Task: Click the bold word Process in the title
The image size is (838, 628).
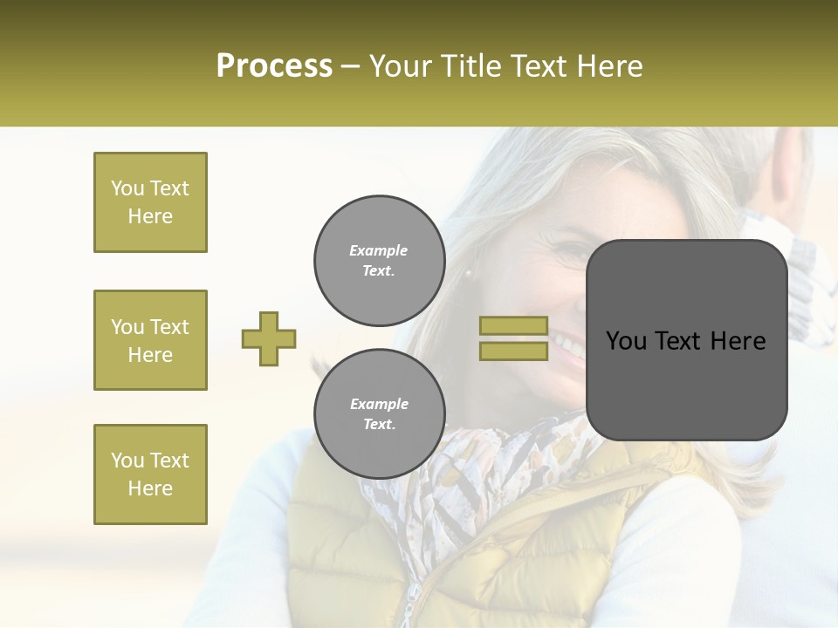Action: pyautogui.click(x=274, y=66)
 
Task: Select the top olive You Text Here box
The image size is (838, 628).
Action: pyautogui.click(x=150, y=202)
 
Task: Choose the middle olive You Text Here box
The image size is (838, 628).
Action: pyautogui.click(x=150, y=340)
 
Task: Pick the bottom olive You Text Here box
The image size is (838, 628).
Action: pyautogui.click(x=150, y=474)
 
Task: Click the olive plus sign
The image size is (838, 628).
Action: pyautogui.click(x=269, y=338)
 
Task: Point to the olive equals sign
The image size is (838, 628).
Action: pyautogui.click(x=513, y=338)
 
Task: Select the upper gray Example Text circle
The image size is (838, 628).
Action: pyautogui.click(x=379, y=260)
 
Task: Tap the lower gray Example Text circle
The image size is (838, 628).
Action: pyautogui.click(x=379, y=413)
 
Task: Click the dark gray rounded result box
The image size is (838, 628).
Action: pyautogui.click(x=686, y=340)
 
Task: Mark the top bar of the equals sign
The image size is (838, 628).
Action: pyautogui.click(x=513, y=326)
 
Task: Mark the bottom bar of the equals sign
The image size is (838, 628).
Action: pyautogui.click(x=513, y=351)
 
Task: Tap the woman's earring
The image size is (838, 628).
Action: pyautogui.click(x=469, y=273)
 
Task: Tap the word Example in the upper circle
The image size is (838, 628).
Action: pyautogui.click(x=379, y=250)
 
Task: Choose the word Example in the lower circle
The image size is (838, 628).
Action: pyautogui.click(x=379, y=404)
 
